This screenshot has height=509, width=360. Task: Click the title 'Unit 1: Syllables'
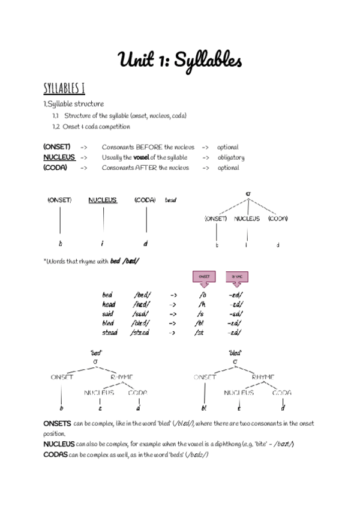(180, 60)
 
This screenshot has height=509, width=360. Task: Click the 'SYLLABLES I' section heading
(64, 88)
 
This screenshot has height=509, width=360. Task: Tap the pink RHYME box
(237, 276)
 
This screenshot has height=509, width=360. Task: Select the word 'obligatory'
(231, 158)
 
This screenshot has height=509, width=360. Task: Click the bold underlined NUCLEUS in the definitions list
(59, 158)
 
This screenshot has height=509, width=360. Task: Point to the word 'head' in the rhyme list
(109, 304)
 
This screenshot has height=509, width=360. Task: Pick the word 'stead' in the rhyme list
(110, 333)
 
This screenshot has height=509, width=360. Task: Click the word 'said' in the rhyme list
(108, 314)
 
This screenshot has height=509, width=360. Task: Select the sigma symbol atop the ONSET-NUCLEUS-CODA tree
(248, 194)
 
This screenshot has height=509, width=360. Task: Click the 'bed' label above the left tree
(96, 352)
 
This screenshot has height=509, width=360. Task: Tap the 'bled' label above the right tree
(235, 352)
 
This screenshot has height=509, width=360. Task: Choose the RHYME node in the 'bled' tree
(263, 377)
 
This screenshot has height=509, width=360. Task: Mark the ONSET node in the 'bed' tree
(62, 377)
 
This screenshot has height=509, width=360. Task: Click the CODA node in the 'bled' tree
(281, 393)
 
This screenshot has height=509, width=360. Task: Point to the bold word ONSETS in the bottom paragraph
(57, 424)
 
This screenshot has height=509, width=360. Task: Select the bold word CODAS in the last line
(55, 454)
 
